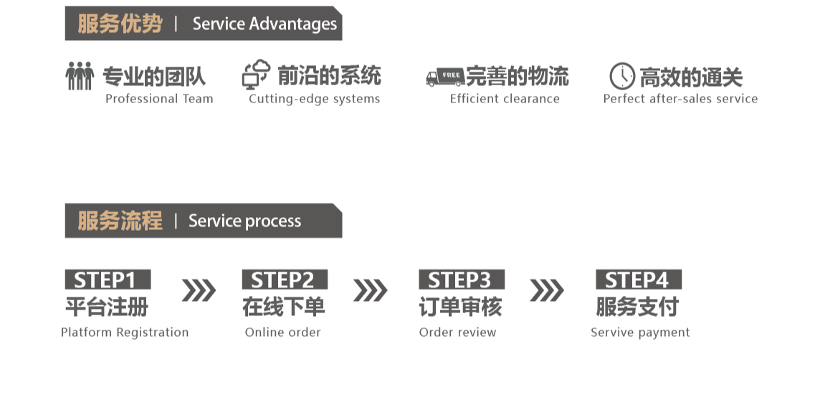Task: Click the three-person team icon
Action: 80,75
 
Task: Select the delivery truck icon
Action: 445,76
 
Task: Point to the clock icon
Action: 621,76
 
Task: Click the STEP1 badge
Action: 108,279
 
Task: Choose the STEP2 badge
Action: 285,279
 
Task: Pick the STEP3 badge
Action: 462,279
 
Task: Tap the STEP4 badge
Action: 639,279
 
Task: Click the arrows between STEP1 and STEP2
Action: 198,290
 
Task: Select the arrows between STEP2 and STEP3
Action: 370,290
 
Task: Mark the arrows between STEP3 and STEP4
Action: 546,290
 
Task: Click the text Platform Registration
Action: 125,333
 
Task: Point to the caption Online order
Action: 283,333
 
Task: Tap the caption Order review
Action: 457,333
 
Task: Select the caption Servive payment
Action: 640,333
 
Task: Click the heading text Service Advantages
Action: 264,24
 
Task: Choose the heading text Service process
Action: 244,221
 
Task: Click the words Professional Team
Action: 159,99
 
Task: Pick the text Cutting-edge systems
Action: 314,99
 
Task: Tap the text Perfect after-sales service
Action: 680,99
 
